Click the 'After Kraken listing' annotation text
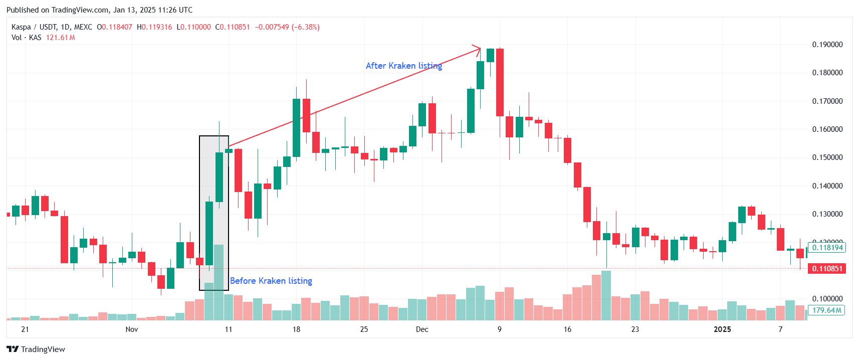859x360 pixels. [x=403, y=66]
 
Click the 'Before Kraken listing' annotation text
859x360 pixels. [x=271, y=281]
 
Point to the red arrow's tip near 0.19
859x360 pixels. [x=480, y=49]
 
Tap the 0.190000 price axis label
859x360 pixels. [x=827, y=45]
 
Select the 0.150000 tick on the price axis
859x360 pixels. [x=827, y=157]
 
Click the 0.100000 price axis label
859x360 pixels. [x=827, y=299]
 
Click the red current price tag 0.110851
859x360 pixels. [x=827, y=269]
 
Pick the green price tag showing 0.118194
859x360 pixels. [x=827, y=248]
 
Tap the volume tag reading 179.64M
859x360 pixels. [x=826, y=310]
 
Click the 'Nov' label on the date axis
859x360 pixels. [x=131, y=329]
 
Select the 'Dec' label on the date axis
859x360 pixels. [x=422, y=329]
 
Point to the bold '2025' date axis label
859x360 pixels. [x=722, y=329]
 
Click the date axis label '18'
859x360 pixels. [x=296, y=329]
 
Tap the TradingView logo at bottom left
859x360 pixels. [x=36, y=349]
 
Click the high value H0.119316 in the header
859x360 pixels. [x=154, y=27]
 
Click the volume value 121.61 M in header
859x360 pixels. [x=60, y=38]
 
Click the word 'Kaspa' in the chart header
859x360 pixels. [x=21, y=27]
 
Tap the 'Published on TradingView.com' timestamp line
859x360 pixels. [x=99, y=10]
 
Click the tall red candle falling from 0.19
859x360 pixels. [x=500, y=82]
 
